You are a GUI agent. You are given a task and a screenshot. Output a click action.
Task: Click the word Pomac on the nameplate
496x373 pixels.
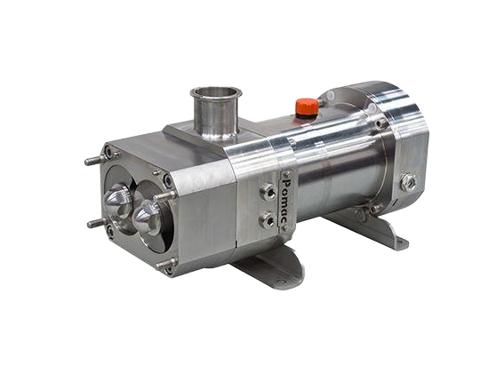287,201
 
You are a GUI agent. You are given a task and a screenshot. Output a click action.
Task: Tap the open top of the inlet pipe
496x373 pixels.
216,91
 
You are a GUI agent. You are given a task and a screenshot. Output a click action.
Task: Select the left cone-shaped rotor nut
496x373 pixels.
116,199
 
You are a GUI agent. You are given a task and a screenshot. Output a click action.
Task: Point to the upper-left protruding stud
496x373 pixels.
95,160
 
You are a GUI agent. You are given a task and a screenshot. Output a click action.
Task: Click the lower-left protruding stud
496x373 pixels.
98,223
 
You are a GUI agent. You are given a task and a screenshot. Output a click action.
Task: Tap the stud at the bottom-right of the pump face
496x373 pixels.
167,264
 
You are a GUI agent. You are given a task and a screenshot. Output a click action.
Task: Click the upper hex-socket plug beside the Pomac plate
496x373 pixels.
268,192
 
